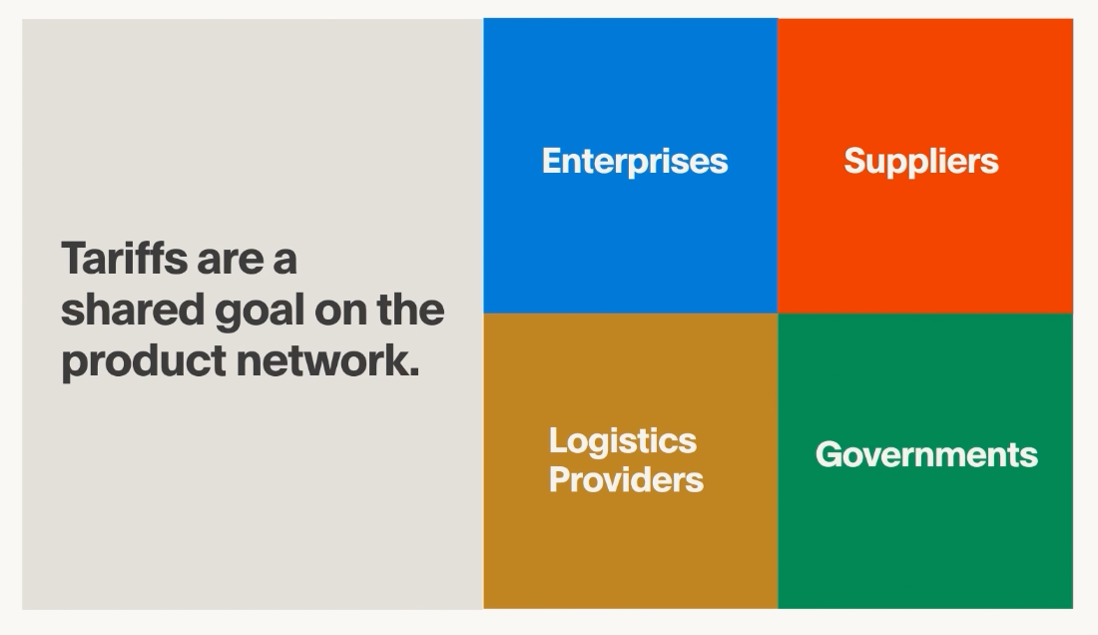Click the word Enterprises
tap(635, 161)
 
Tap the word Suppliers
tap(920, 161)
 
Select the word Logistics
tap(623, 440)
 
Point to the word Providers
tap(626, 479)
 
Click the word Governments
tap(926, 454)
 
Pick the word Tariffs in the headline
tap(124, 259)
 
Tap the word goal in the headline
tap(258, 312)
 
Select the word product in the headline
tap(143, 361)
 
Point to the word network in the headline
tap(320, 360)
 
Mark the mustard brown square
tap(631, 539)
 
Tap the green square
tap(925, 539)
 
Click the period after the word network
tap(413, 373)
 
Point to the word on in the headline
tap(342, 312)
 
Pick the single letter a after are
tap(284, 262)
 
